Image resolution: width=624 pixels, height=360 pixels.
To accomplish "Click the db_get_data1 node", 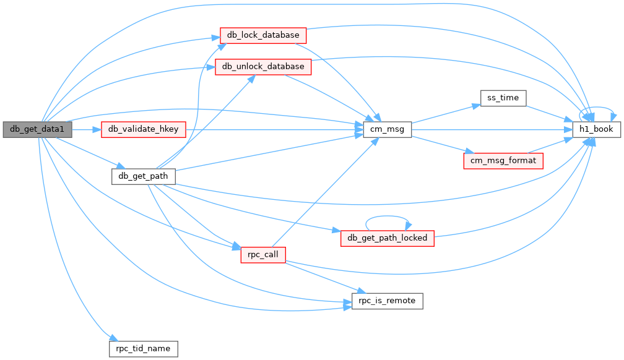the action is (x=37, y=130).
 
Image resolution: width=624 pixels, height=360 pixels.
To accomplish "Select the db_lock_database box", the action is (x=263, y=35).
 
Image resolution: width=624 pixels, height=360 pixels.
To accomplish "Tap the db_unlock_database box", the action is (x=263, y=67).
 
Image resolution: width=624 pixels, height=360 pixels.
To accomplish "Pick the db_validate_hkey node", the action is (x=143, y=130).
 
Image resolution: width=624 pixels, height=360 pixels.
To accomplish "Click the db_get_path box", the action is (x=143, y=177).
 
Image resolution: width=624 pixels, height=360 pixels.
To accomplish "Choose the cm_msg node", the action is (x=388, y=130).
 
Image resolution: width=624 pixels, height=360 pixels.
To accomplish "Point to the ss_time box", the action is (x=503, y=98).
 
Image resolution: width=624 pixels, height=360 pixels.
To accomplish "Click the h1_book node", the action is (x=597, y=130).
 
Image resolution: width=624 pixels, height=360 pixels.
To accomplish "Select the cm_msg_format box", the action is (x=503, y=161).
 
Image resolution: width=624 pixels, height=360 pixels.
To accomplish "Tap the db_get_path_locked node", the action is (x=388, y=238).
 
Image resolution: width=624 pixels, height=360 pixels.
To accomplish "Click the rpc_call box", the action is (x=263, y=255).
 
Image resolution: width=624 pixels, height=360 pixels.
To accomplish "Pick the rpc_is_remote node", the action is (x=388, y=301).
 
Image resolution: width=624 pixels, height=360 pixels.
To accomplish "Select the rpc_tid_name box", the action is (x=143, y=349).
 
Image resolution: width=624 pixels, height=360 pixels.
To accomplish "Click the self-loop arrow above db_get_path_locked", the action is (x=388, y=216).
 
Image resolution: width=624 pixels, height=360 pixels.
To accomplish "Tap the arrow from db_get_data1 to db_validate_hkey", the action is (x=87, y=130).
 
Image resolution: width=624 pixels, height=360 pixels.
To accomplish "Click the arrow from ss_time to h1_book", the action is (x=550, y=114).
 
